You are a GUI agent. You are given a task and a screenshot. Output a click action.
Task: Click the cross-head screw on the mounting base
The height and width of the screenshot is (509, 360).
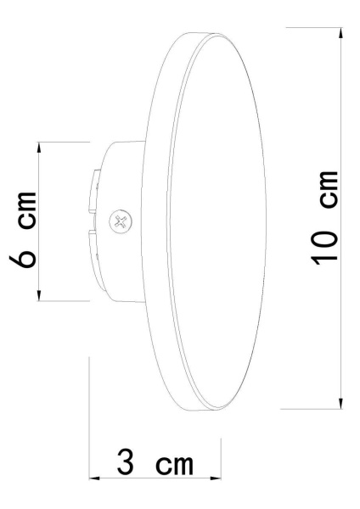[121, 222]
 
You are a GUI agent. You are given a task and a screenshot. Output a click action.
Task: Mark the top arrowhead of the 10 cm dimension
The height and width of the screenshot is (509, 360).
[341, 32]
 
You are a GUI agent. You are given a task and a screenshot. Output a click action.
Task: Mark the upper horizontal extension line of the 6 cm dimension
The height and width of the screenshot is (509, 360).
[64, 142]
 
